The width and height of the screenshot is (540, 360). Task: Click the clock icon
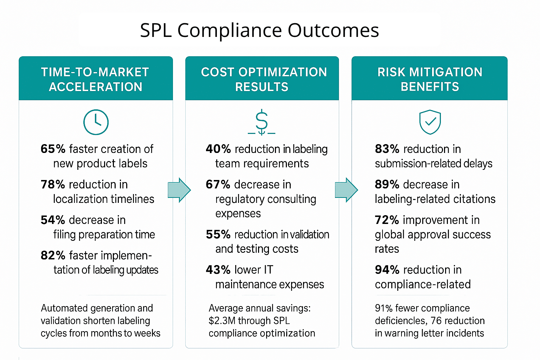(96, 122)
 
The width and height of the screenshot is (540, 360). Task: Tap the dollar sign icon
(262, 122)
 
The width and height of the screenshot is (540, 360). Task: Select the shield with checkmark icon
(430, 122)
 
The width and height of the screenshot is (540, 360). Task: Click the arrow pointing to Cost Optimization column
(179, 190)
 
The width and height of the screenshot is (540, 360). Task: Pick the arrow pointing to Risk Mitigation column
(346, 190)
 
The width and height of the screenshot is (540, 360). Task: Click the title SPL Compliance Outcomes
(259, 30)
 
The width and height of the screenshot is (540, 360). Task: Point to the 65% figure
(53, 149)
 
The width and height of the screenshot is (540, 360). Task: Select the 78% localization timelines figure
(53, 185)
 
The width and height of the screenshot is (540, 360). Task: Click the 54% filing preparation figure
(53, 220)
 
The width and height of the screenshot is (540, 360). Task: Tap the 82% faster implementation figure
(53, 256)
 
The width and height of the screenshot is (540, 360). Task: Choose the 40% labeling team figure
(218, 149)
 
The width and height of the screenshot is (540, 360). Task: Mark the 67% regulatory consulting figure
(218, 185)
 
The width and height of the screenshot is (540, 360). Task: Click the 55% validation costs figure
(218, 234)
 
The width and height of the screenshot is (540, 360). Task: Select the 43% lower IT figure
(218, 270)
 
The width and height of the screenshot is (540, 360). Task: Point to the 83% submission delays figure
(387, 149)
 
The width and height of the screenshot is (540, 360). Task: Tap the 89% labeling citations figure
(387, 185)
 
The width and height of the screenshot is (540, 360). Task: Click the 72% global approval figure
(387, 220)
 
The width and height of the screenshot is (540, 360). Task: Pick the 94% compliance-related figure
(387, 270)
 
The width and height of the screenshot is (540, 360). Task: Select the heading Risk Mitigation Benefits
(430, 79)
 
